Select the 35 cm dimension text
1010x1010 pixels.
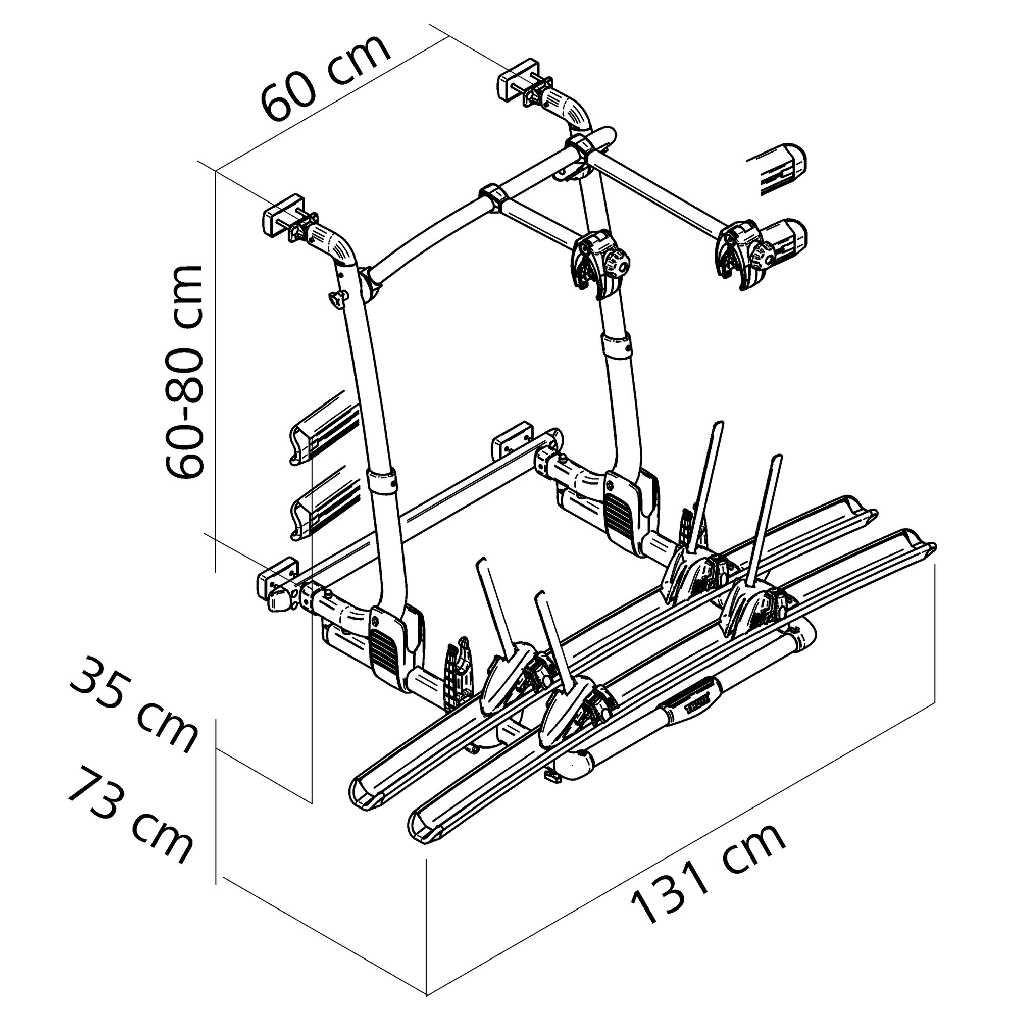tap(133, 706)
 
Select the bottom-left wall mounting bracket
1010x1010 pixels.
tap(277, 575)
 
